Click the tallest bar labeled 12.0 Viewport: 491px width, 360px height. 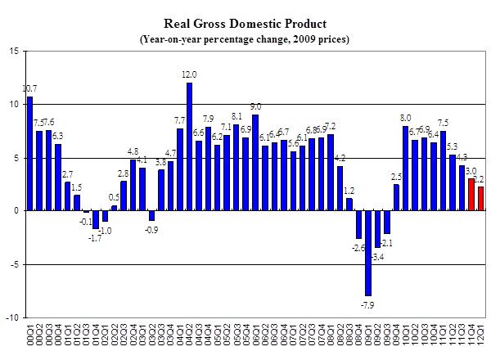[189, 146]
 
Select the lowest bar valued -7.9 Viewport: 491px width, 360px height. [368, 253]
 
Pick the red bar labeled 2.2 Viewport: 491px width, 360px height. [481, 199]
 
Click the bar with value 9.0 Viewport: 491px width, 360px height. [255, 163]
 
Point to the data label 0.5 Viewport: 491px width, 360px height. [115, 197]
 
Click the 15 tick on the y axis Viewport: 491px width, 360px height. [15, 52]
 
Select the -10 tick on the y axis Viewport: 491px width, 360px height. [13, 317]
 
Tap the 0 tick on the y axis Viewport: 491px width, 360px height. [18, 211]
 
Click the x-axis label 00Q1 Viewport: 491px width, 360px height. [30, 335]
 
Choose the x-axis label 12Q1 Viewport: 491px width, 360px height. [481, 335]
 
